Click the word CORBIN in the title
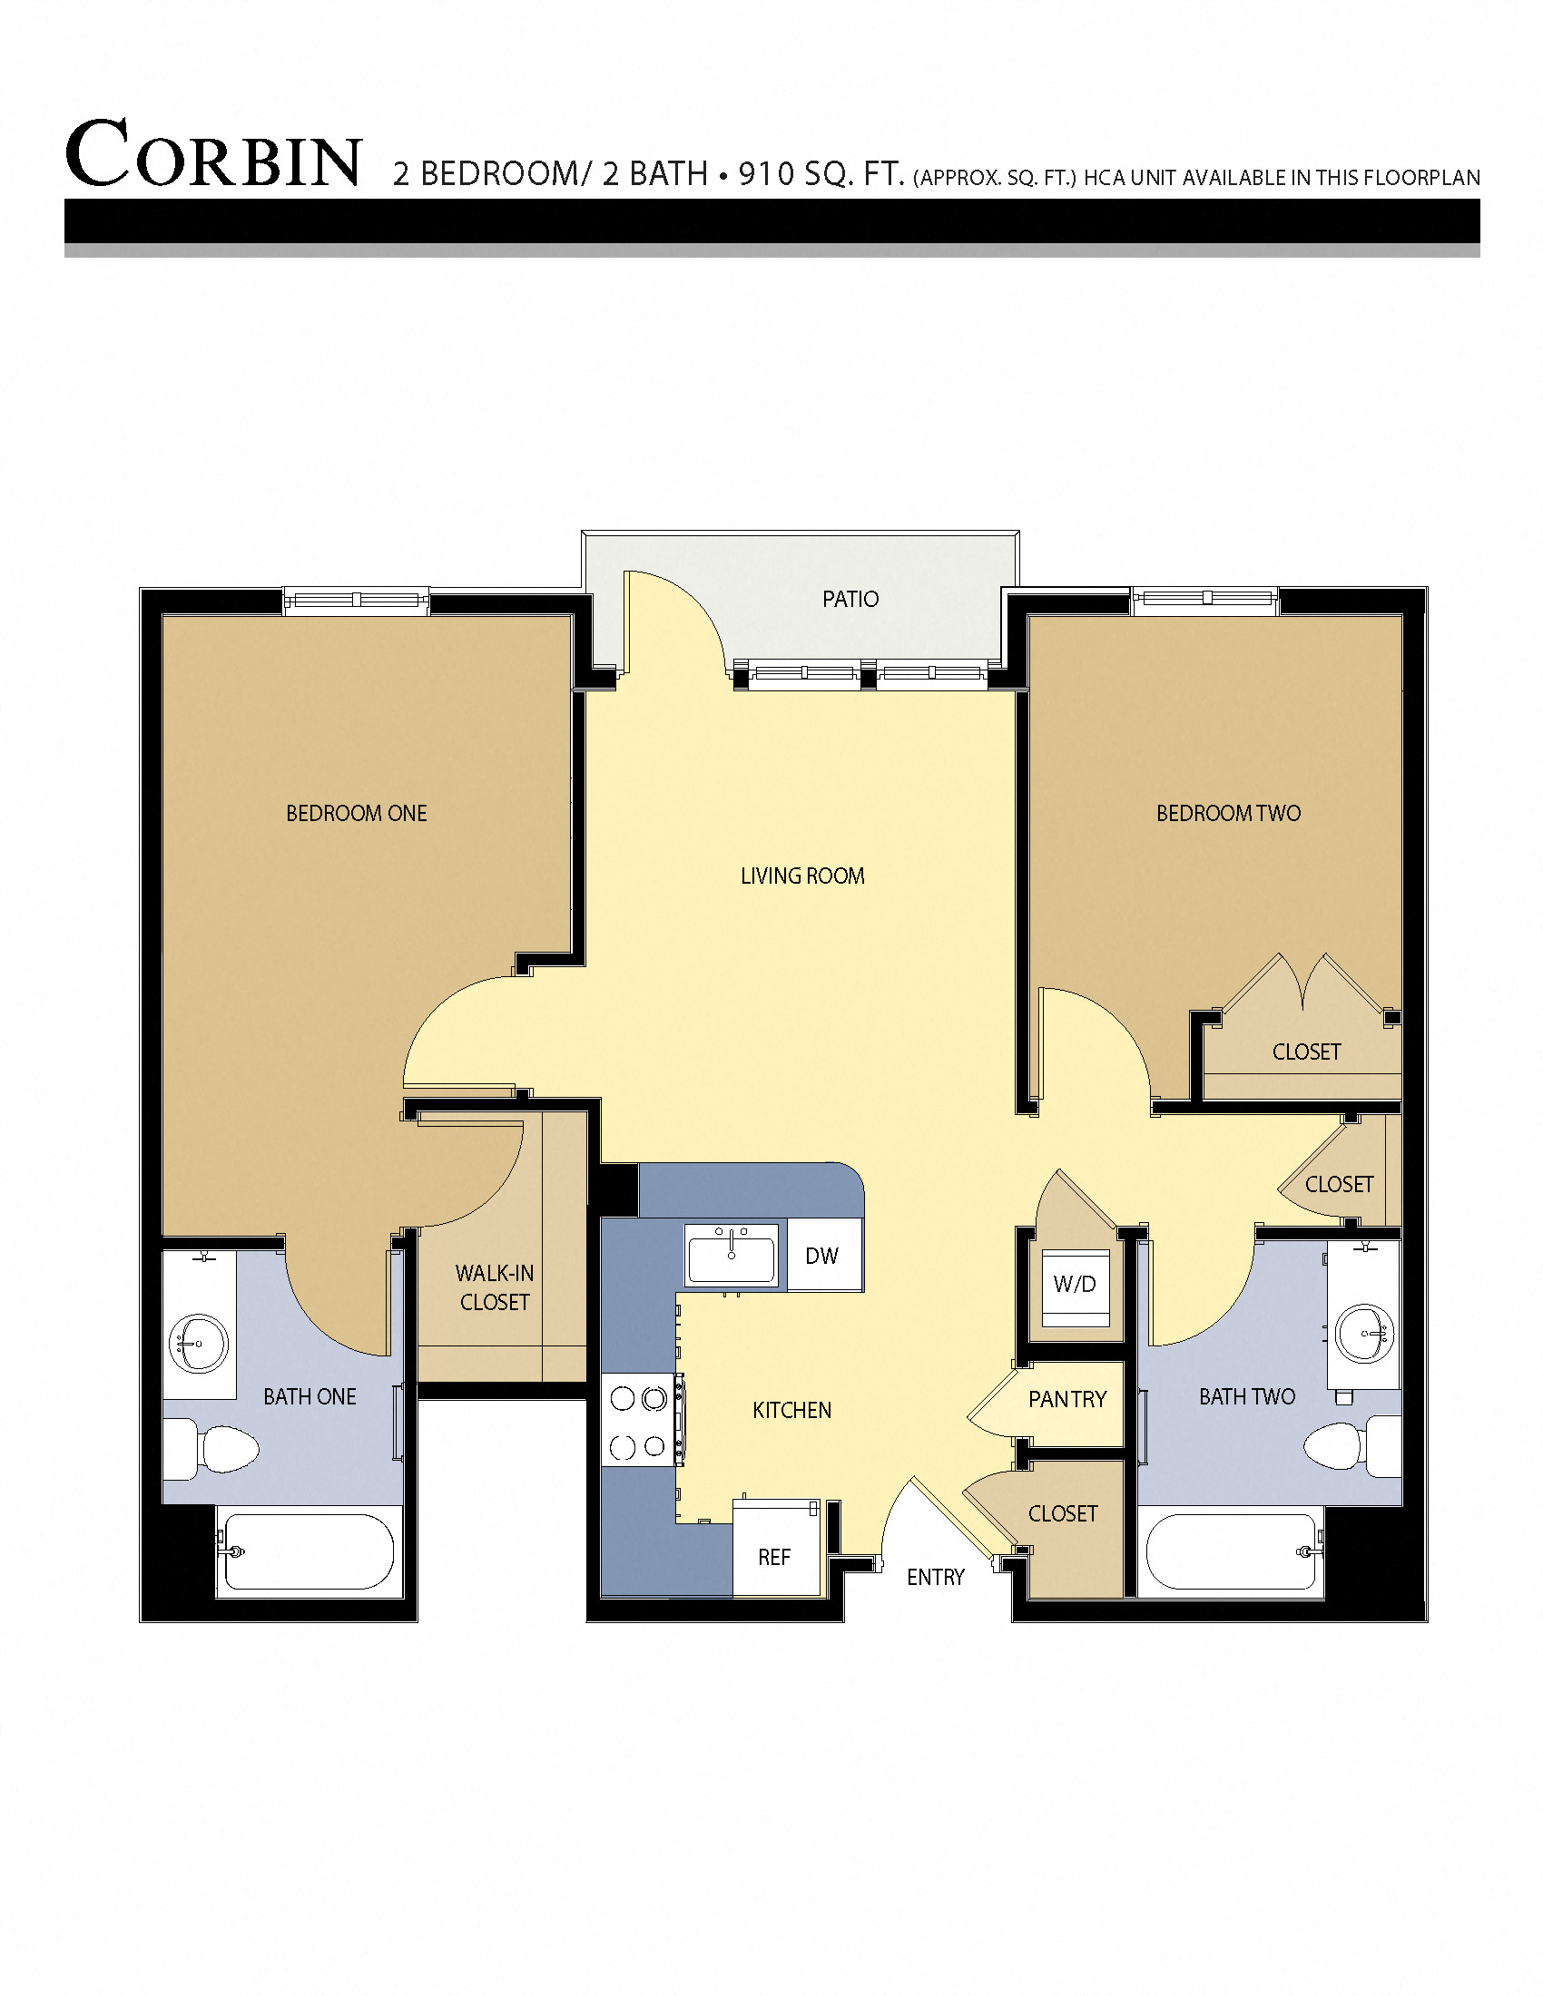[214, 154]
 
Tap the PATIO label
[850, 600]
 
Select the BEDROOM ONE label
[357, 814]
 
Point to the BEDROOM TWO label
[1228, 814]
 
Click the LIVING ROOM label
[802, 876]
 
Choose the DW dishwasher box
[821, 1256]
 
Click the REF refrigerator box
[774, 1557]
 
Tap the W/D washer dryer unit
[1074, 1285]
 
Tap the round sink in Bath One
[199, 1344]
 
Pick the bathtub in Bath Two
[1232, 1552]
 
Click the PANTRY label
[1066, 1400]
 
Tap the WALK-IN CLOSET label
[495, 1287]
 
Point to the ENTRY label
[935, 1578]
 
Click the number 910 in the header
[766, 173]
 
